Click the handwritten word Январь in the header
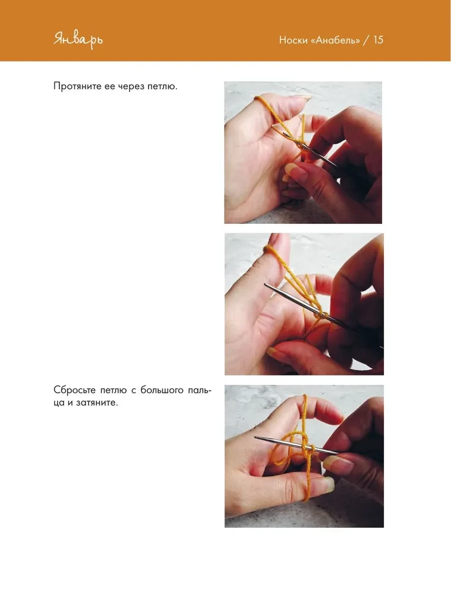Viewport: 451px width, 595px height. pos(78,40)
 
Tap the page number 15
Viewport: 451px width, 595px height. pos(379,40)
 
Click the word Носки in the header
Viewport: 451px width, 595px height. pos(293,40)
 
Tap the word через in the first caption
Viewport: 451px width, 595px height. pos(131,86)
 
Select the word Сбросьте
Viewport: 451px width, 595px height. pos(75,390)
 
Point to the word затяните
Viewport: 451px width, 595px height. pos(97,403)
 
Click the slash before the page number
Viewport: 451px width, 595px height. pos(366,40)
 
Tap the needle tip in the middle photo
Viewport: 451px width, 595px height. pos(265,285)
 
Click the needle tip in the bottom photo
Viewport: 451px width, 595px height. pos(256,438)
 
